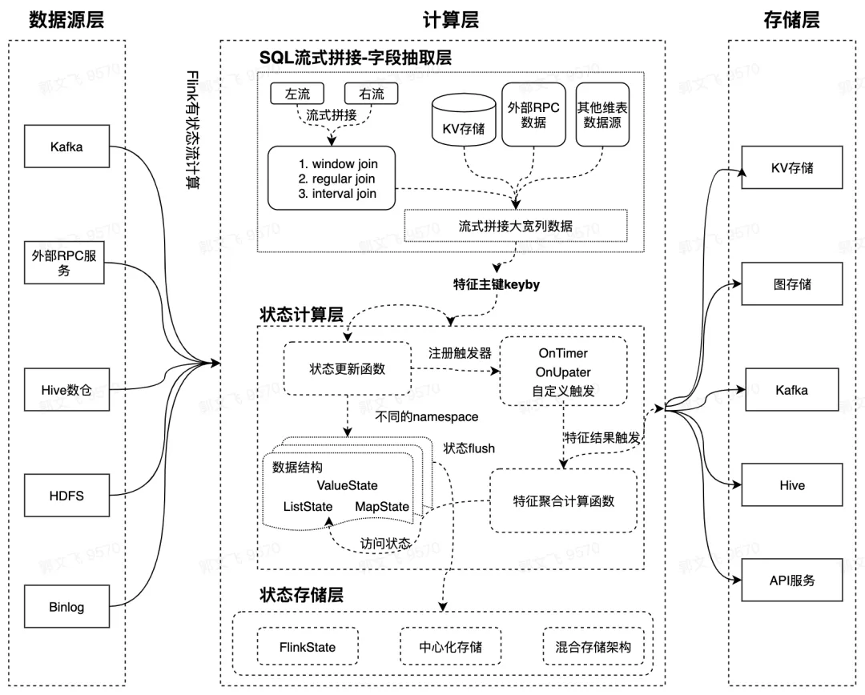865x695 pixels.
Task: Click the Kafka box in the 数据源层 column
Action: click(66, 147)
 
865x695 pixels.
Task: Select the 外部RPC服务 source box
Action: click(64, 263)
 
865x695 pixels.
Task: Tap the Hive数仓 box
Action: click(66, 390)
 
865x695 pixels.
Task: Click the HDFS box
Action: click(66, 496)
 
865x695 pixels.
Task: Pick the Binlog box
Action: click(66, 607)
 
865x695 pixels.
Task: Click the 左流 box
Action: click(292, 94)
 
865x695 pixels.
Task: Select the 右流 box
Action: click(365, 94)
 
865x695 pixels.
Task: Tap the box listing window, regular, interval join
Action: click(332, 179)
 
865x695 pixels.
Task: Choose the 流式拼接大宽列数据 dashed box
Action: click(515, 226)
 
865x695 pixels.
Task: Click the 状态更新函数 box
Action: click(347, 369)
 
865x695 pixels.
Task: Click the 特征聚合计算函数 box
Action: click(563, 501)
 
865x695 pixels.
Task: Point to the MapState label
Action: click(381, 507)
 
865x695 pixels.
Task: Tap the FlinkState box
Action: click(308, 647)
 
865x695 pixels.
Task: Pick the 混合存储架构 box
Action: click(592, 647)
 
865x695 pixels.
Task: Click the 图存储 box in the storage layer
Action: click(791, 283)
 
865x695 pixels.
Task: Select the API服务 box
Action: click(791, 581)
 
